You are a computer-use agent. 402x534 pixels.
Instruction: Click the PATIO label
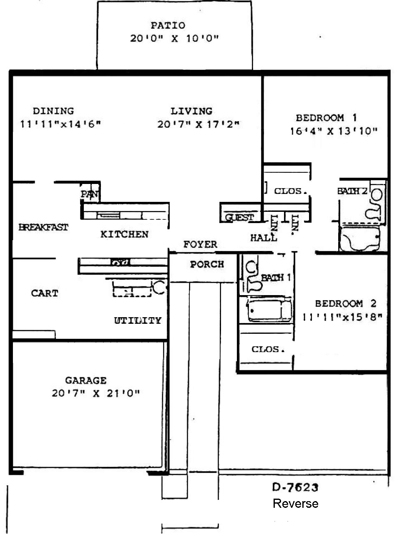168,25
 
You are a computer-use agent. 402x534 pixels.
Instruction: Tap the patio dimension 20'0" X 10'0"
174,38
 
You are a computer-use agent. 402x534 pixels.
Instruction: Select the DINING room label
53,111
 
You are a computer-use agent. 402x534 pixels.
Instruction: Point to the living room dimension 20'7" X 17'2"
198,124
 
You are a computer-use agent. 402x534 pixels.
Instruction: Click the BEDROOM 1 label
326,118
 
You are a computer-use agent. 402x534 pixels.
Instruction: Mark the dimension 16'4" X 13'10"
334,132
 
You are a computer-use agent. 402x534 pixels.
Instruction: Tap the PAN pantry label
90,194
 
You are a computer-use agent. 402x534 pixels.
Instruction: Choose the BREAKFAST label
43,227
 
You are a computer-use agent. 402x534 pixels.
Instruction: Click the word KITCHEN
125,234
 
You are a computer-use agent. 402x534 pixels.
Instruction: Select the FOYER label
200,244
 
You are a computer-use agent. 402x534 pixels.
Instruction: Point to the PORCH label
207,264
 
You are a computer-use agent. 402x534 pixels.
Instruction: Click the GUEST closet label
239,217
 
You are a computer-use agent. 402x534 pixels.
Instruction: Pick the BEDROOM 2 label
346,303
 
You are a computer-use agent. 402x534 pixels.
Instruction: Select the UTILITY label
138,320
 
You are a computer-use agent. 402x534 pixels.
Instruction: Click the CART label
45,293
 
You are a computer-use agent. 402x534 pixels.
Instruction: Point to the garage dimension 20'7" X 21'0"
96,393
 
